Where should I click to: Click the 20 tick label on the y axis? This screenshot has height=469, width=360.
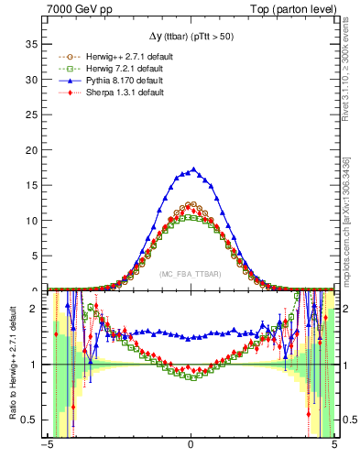point(32,149)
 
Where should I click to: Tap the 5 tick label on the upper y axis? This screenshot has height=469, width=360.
point(35,255)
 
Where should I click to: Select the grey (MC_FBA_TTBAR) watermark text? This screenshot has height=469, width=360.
point(191,273)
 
